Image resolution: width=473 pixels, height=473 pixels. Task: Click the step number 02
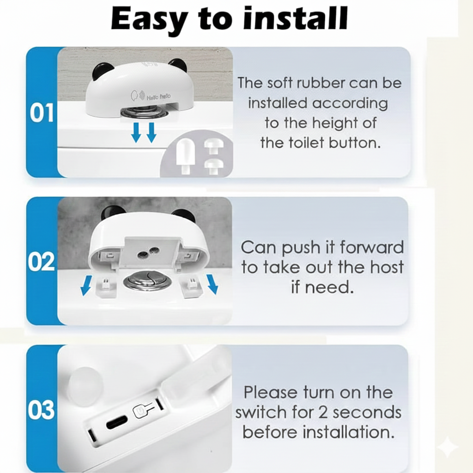(x=42, y=261)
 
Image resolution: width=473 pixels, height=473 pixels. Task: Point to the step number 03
(x=42, y=410)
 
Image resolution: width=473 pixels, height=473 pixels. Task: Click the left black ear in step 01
(x=100, y=71)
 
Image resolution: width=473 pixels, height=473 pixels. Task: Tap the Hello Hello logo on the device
(x=151, y=96)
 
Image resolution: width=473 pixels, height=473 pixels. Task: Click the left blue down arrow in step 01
(x=136, y=132)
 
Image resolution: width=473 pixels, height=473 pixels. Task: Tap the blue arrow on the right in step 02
(x=212, y=284)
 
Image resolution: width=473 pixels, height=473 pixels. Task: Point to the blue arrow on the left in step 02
(x=86, y=285)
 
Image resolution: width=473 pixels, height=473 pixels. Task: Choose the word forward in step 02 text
(x=371, y=247)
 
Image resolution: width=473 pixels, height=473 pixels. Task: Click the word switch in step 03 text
(x=261, y=412)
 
